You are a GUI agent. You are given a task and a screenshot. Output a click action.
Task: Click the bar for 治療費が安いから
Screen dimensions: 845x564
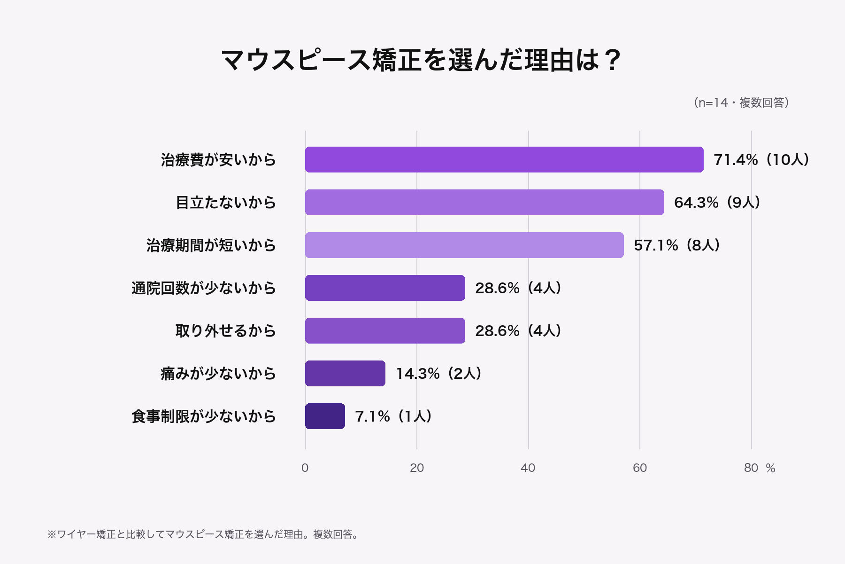point(504,160)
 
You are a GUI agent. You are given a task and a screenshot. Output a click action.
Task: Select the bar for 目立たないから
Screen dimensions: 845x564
point(484,203)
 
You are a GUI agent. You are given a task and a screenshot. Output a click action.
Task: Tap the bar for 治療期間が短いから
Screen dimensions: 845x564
point(464,245)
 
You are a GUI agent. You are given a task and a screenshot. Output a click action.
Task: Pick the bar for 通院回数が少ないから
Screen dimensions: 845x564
point(385,288)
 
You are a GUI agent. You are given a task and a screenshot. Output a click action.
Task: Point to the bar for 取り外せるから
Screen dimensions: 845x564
point(385,331)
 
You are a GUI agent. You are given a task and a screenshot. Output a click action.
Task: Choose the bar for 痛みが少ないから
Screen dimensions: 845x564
point(345,374)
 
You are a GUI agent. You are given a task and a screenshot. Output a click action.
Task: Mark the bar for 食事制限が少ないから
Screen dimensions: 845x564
point(325,416)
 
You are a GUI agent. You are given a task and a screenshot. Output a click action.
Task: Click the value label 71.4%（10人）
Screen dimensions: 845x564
point(761,160)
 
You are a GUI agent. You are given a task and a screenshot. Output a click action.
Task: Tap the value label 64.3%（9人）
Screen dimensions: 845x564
point(717,203)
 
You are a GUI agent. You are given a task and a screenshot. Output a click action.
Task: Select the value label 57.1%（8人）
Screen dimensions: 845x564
point(677,245)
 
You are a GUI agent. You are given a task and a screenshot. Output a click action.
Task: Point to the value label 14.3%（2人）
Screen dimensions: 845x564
point(439,374)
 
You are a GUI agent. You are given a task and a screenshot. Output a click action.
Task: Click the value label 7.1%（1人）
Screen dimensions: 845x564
point(393,416)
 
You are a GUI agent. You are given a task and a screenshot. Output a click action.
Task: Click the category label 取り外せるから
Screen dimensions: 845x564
point(226,331)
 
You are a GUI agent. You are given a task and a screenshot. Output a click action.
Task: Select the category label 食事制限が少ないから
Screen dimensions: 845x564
point(204,416)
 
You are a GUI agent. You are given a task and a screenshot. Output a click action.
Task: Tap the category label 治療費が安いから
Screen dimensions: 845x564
point(218,160)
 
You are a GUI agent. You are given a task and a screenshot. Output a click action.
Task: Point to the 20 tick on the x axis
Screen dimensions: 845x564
point(417,468)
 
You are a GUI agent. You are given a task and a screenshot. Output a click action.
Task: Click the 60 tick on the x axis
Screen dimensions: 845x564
point(640,468)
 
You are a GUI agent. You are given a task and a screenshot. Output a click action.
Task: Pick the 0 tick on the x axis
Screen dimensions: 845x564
point(305,468)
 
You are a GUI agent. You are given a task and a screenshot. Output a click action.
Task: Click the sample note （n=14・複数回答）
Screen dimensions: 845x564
point(741,102)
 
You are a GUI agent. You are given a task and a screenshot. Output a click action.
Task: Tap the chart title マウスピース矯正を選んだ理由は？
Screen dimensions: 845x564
point(422,60)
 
